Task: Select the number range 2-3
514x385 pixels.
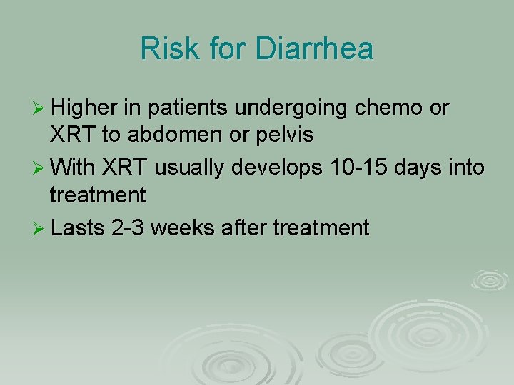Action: click(127, 227)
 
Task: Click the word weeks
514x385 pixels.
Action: click(183, 227)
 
